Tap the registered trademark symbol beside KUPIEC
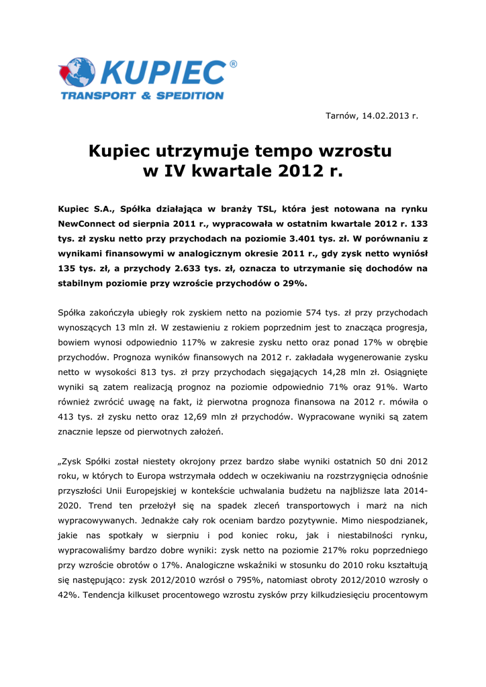tap(233, 64)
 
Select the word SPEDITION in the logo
tap(190, 96)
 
